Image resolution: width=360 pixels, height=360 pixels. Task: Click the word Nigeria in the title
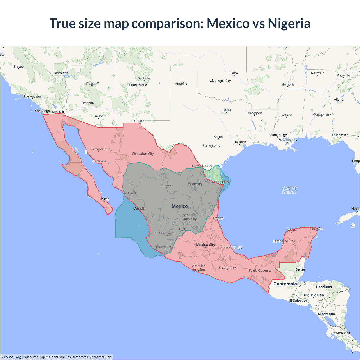[289, 24]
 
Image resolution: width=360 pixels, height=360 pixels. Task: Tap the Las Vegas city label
[61, 73]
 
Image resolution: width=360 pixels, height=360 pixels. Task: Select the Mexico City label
[206, 245]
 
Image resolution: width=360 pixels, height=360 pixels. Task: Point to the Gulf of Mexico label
[289, 190]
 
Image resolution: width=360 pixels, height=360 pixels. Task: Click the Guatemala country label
[285, 284]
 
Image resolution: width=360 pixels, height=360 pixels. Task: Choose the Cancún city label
[317, 228]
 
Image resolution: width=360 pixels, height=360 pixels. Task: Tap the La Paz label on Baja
[104, 199]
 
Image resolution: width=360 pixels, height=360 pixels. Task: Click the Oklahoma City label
[220, 81]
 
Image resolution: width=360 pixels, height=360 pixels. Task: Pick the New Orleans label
[287, 140]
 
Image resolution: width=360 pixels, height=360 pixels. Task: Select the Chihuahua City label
[143, 154]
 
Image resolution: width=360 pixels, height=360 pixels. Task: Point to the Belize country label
[300, 269]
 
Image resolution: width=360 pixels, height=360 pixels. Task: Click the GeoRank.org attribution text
[11, 357]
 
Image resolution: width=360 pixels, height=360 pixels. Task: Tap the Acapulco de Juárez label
[199, 267]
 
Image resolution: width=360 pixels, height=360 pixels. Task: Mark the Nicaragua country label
[326, 314]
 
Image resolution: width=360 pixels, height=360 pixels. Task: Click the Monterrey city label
[195, 184]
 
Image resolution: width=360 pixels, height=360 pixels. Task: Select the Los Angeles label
[33, 96]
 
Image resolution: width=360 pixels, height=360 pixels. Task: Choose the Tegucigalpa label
[313, 295]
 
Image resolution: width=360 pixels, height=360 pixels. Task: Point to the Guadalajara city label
[168, 233]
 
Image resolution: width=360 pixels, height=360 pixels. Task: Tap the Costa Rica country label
[342, 333]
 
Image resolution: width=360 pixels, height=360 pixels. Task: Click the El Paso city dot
[139, 123]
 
